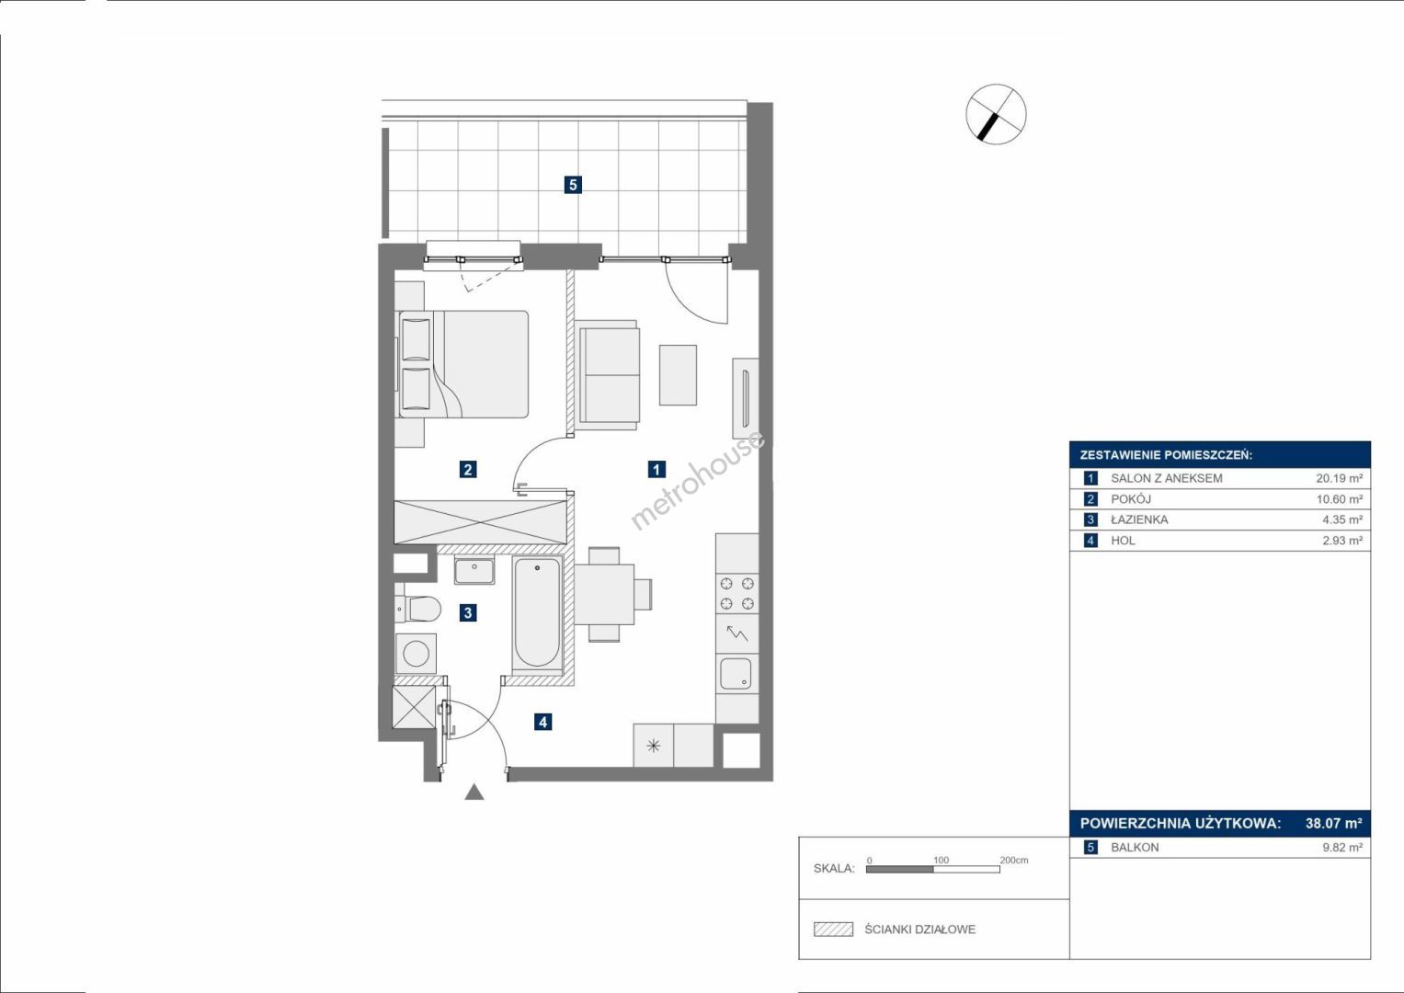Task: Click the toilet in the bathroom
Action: [x=418, y=608]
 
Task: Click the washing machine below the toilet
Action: [x=416, y=653]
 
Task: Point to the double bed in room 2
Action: [x=462, y=364]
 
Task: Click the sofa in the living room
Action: [x=608, y=375]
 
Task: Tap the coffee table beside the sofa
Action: [x=678, y=375]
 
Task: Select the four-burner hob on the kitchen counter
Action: [x=737, y=594]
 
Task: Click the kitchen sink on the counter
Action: [x=736, y=674]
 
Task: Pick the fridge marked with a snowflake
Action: [x=653, y=746]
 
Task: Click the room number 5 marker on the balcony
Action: [x=572, y=185]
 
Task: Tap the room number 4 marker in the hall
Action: [x=542, y=722]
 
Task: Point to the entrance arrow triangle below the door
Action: [x=474, y=793]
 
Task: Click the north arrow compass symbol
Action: [x=996, y=114]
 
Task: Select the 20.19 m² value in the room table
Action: [x=1340, y=478]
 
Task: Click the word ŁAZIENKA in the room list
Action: [x=1139, y=519]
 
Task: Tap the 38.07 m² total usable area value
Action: [x=1334, y=823]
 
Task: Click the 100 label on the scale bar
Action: [x=941, y=860]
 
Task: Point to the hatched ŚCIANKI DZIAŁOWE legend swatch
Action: [x=834, y=929]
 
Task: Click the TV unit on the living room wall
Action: [x=746, y=399]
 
